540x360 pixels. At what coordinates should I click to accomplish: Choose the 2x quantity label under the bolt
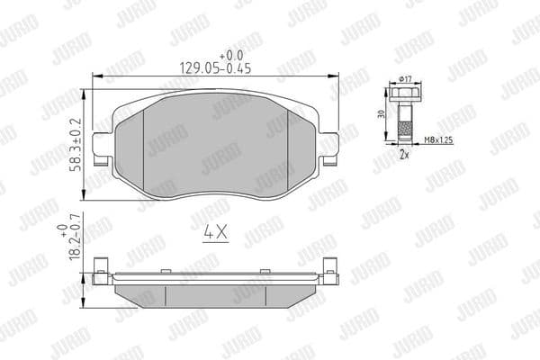(405, 154)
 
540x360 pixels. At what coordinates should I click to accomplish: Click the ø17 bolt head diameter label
(404, 81)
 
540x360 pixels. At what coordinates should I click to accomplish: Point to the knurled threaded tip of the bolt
(404, 136)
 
